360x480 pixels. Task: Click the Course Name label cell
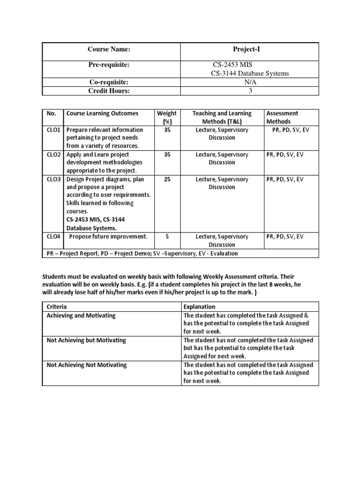[x=108, y=49]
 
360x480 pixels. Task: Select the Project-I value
[x=250, y=49]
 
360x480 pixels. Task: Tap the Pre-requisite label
[x=108, y=64]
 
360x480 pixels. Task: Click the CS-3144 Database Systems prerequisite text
[x=249, y=73]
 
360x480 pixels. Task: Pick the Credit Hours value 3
[x=250, y=91]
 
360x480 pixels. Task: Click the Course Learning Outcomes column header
[x=102, y=113]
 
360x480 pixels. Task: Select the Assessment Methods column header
[x=282, y=117]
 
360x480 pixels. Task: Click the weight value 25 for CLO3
[x=167, y=180]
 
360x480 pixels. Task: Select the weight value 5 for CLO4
[x=167, y=237]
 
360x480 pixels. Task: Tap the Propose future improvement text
[x=108, y=237]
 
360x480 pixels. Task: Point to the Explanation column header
[x=200, y=307]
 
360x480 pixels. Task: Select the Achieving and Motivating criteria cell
[x=81, y=315]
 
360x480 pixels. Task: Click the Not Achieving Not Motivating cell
[x=87, y=365]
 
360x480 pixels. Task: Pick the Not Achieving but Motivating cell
[x=86, y=340]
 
